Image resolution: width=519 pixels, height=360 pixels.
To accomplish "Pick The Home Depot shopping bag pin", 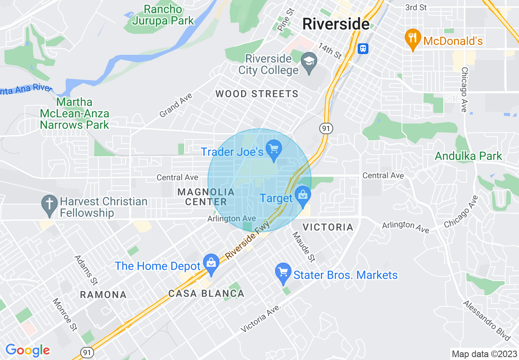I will [x=211, y=264].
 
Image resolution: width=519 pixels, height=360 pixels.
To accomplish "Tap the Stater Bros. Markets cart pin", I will [x=283, y=273].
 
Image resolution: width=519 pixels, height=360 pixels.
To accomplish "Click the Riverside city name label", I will [x=336, y=24].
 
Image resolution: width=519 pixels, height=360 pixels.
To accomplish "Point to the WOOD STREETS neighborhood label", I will [x=257, y=94].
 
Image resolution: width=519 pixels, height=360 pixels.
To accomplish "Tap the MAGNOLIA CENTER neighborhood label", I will [x=206, y=197].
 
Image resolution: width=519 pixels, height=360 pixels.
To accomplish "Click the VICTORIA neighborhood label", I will [x=327, y=227].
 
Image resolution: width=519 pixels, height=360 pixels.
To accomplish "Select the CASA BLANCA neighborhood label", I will [x=206, y=293].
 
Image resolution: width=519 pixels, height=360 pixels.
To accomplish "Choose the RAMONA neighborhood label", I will [x=103, y=295].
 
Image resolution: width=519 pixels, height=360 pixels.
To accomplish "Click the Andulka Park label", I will [x=468, y=156].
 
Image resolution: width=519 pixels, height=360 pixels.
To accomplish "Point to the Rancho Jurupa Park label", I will [x=163, y=15].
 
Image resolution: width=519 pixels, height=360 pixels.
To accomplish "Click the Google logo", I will [x=28, y=351].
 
